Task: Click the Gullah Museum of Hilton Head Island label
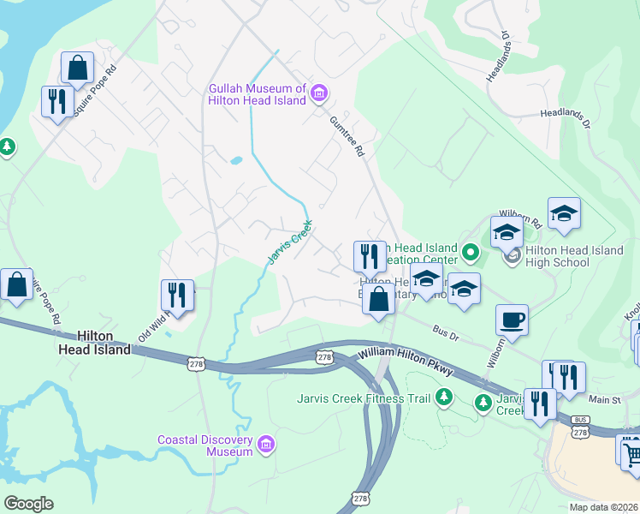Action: point(257,94)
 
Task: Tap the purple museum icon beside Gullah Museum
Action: point(318,93)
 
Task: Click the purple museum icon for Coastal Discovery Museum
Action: point(266,444)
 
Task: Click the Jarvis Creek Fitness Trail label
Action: point(364,397)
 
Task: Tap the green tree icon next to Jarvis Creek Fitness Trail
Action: point(443,397)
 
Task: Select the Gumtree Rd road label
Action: point(347,137)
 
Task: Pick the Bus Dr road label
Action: point(446,333)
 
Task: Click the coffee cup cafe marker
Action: point(512,320)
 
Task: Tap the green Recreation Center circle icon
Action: point(470,252)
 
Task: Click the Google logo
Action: point(28,504)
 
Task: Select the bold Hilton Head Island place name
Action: point(94,343)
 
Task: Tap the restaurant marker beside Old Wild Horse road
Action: point(177,295)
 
